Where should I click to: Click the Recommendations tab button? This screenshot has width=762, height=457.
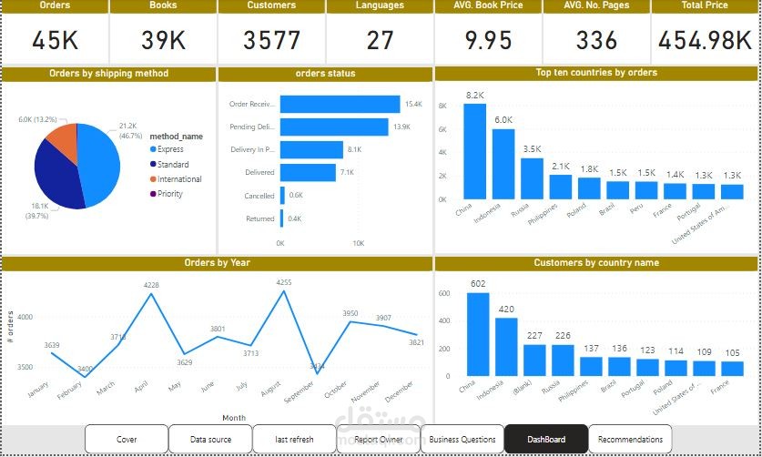tap(630, 439)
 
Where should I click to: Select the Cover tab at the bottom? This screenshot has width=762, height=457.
tap(127, 439)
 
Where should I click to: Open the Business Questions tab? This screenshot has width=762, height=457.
tap(462, 439)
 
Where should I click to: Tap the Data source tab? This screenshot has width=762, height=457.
tap(210, 439)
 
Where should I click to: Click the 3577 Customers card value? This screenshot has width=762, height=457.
tap(271, 40)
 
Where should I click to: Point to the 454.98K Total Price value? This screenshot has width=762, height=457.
tap(705, 40)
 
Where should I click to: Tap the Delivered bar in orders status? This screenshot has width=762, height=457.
tap(307, 172)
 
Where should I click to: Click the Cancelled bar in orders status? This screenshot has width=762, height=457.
tap(282, 195)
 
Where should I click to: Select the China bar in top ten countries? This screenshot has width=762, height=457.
tap(474, 151)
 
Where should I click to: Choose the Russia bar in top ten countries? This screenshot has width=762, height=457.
tap(532, 178)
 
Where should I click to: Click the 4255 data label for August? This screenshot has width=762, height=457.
tap(283, 282)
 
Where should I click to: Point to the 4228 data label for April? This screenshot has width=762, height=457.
tap(151, 285)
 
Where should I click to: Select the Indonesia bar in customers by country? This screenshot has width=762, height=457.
tap(506, 346)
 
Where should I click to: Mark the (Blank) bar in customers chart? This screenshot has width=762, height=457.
tap(534, 360)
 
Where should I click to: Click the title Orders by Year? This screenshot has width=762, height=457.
tap(217, 263)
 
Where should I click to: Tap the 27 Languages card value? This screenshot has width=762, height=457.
tap(380, 40)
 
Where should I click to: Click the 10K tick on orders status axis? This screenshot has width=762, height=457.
tap(359, 243)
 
